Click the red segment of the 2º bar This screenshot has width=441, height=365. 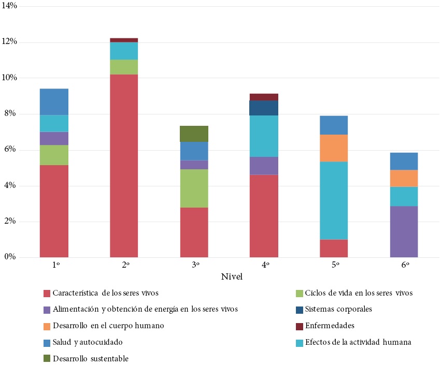(x=124, y=166)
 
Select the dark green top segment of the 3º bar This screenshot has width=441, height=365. (x=194, y=134)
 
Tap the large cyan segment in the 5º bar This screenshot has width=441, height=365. (x=334, y=200)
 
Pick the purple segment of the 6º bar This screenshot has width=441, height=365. (x=404, y=231)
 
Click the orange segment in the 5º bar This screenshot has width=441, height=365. (x=334, y=148)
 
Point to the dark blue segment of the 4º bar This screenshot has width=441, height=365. (x=264, y=108)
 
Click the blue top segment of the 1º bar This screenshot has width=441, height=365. (x=54, y=102)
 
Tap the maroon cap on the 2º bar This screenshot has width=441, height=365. (x=124, y=40)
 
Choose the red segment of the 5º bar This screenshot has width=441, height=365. (x=334, y=248)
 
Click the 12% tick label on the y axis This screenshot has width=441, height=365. (x=10, y=42)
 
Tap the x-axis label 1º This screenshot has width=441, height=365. (x=55, y=265)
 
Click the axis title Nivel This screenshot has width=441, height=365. (x=231, y=277)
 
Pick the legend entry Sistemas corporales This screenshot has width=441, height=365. (x=338, y=310)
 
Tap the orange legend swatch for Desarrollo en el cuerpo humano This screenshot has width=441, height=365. (x=47, y=326)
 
